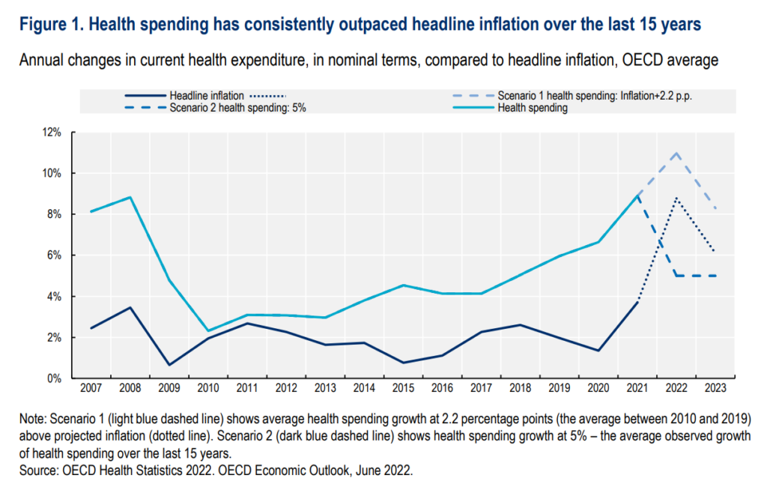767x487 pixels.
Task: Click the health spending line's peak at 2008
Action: [130, 197]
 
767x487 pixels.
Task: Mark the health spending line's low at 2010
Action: [208, 330]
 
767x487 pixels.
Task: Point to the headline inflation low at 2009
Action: [169, 365]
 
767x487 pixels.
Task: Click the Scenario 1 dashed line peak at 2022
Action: [677, 153]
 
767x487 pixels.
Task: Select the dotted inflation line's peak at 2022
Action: [677, 198]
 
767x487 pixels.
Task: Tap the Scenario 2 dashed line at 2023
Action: [716, 276]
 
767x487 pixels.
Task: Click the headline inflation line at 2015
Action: [404, 363]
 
